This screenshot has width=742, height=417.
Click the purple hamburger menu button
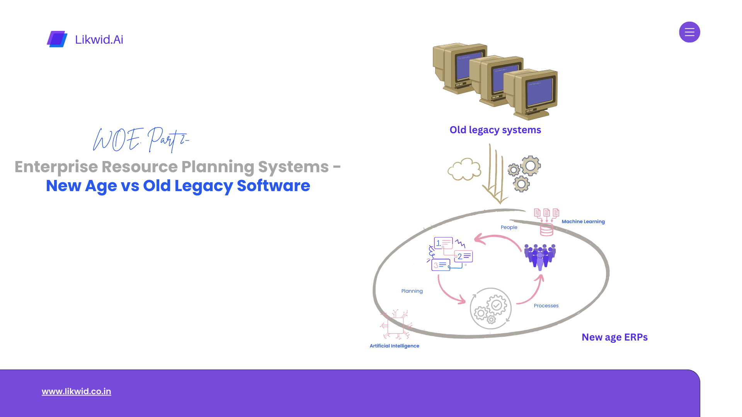click(689, 32)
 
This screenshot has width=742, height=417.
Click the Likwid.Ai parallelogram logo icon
click(57, 39)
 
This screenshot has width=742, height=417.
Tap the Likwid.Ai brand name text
click(99, 39)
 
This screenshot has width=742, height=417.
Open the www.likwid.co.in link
click(77, 391)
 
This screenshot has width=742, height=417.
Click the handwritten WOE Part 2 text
click(141, 139)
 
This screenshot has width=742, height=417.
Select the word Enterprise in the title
click(56, 167)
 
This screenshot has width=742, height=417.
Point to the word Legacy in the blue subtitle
click(203, 186)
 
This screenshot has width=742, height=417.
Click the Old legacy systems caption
click(495, 130)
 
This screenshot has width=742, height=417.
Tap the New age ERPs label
click(614, 337)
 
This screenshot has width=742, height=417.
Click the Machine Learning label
click(583, 222)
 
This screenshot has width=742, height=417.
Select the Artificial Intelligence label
click(394, 346)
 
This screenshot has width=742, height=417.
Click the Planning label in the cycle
click(412, 291)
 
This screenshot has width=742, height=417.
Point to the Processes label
click(546, 306)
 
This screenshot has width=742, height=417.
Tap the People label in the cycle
click(509, 227)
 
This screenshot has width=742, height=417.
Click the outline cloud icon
click(464, 170)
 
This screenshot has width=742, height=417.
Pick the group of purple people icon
click(540, 256)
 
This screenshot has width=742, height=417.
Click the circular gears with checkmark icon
click(490, 309)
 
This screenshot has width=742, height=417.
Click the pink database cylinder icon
click(546, 229)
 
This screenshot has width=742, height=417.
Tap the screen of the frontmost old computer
click(540, 93)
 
